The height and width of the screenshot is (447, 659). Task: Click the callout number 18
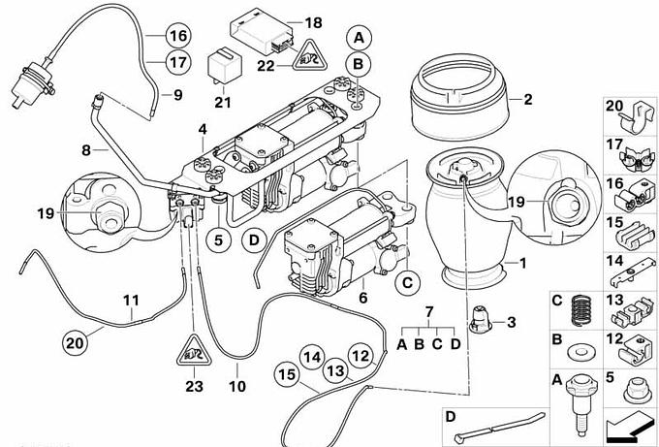(312, 22)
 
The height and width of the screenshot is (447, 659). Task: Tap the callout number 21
(223, 102)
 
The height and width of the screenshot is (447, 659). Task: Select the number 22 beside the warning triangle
(267, 66)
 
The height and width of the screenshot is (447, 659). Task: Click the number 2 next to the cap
(528, 99)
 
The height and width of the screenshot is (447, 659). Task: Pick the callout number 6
(363, 298)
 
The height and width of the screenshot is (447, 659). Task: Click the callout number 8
(85, 150)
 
